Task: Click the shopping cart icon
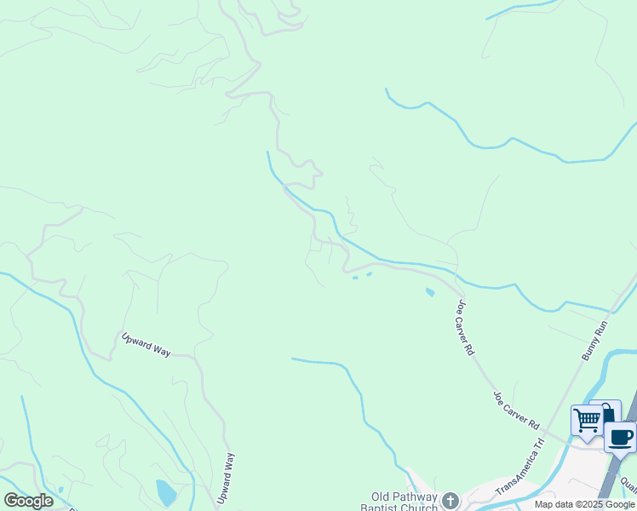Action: (x=587, y=420)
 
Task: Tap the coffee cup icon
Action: (x=621, y=437)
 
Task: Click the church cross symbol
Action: (x=450, y=500)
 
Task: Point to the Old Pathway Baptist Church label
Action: (x=404, y=502)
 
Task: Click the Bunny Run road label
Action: (x=597, y=339)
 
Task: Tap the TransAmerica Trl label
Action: (x=519, y=468)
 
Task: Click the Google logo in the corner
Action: (x=28, y=501)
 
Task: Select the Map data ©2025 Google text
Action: (x=585, y=504)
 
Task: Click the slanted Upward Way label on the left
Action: (x=146, y=344)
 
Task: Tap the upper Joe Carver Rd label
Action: (x=465, y=326)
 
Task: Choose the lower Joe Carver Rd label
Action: (x=516, y=410)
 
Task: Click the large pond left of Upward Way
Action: (x=166, y=491)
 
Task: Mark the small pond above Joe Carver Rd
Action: (x=429, y=292)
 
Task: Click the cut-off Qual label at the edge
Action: (x=628, y=487)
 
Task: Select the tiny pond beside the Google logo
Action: (x=60, y=490)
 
